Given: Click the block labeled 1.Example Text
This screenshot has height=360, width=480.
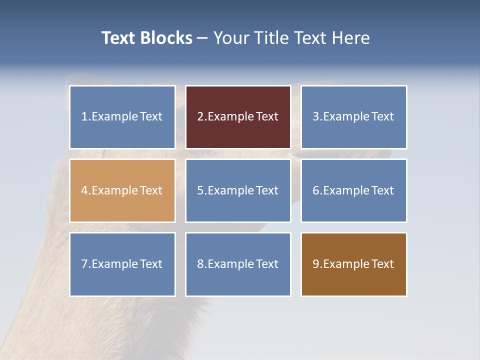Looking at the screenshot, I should click(122, 117).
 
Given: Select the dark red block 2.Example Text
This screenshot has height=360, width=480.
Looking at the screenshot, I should click(238, 117).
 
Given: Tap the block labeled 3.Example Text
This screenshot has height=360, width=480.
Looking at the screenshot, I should click(353, 117).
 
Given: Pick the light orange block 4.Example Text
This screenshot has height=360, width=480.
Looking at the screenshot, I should click(122, 190).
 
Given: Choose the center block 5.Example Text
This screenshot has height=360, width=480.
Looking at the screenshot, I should click(238, 190).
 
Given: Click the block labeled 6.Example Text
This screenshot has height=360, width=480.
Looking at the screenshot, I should click(353, 190).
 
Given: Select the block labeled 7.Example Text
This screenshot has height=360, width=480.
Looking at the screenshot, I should click(122, 264).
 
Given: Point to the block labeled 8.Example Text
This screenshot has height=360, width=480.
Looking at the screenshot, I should click(238, 264).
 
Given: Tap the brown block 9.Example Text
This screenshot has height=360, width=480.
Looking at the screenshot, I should click(353, 264).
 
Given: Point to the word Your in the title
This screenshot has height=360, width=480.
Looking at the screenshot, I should click(230, 38).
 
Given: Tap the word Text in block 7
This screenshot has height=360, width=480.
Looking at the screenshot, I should click(151, 264).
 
